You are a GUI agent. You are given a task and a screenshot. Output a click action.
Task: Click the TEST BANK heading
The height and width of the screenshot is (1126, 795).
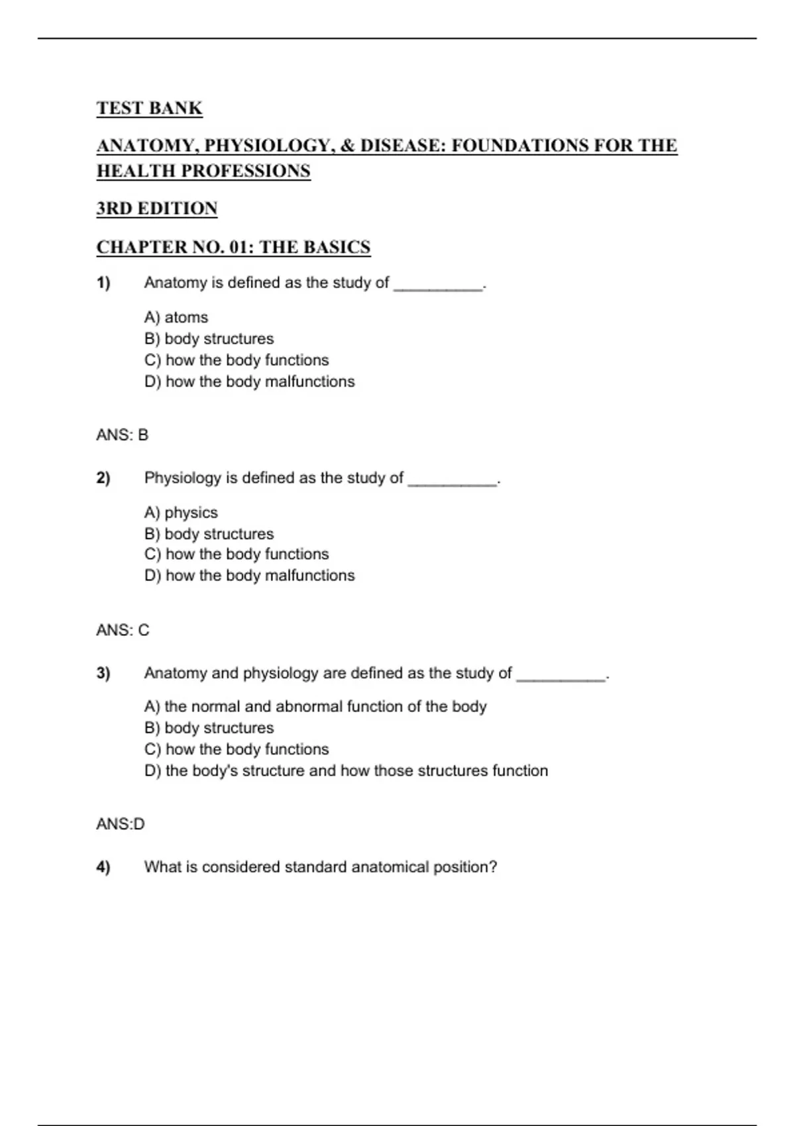[x=149, y=108]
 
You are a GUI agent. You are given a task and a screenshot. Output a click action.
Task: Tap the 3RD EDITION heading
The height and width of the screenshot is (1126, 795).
[x=157, y=209]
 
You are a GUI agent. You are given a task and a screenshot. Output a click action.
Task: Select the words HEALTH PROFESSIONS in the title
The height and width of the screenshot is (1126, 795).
[x=203, y=171]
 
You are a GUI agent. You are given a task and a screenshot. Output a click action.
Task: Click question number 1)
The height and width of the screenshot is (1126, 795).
[x=103, y=283]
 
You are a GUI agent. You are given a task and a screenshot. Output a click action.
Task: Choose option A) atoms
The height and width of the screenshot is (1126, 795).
[x=176, y=317]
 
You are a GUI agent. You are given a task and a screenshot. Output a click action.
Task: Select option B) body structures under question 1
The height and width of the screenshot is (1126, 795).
[x=209, y=338]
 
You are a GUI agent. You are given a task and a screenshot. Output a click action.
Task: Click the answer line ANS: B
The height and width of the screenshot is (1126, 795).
[x=123, y=435]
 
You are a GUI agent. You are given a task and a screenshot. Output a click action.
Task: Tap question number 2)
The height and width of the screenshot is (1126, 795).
[x=103, y=478]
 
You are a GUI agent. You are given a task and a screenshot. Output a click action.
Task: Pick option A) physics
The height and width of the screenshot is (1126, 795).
[x=181, y=513]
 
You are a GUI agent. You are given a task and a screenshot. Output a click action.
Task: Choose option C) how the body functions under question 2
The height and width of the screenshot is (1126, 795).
[x=237, y=554]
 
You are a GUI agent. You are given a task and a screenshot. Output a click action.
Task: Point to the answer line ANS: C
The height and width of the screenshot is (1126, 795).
[x=123, y=630]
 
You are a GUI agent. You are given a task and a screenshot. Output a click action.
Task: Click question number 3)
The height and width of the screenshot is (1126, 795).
[x=103, y=673]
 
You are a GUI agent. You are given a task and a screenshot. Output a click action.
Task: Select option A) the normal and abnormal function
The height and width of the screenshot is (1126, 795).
[x=315, y=707]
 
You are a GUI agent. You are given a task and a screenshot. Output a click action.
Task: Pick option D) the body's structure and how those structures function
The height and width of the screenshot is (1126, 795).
[x=346, y=770]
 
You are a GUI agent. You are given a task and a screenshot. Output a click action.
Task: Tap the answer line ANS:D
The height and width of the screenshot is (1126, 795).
[x=121, y=824]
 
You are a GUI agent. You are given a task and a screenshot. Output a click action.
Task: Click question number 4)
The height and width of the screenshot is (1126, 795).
[x=103, y=867]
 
